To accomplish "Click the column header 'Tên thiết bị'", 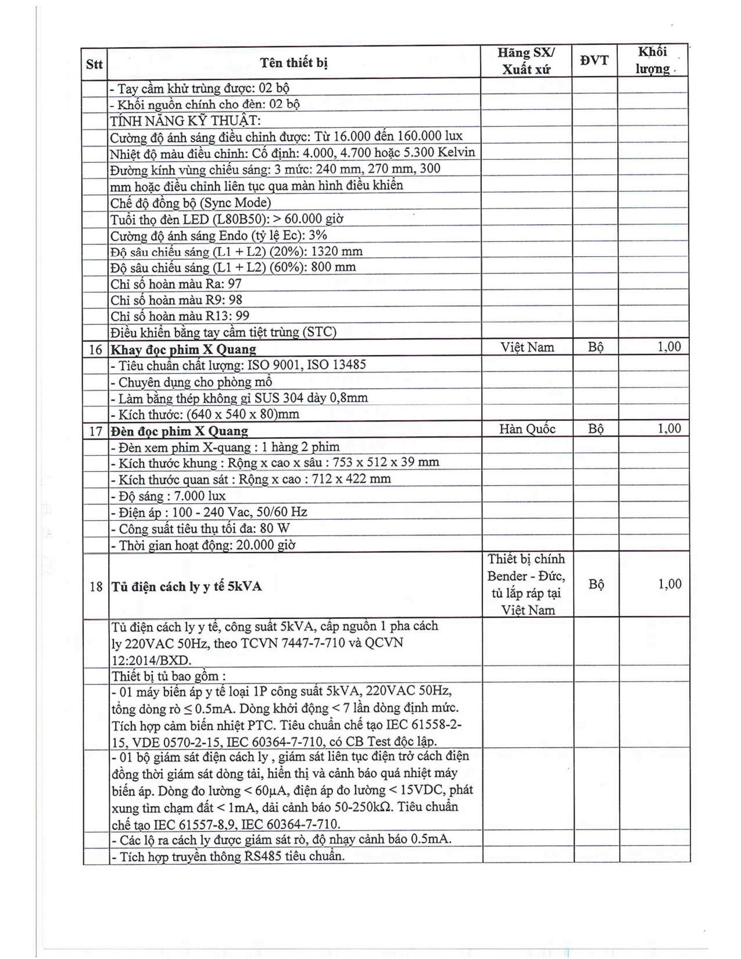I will point(293,63).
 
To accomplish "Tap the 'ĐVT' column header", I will point(594,60).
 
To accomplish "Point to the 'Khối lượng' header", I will point(652,60).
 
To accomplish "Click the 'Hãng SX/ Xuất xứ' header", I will point(526,61).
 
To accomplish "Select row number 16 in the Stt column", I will point(95,349).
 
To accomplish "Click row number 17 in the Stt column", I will point(95,431).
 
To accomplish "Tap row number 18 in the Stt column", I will point(96,586).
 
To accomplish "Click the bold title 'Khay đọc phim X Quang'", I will point(183,349).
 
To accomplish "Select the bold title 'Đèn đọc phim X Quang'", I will point(179,431).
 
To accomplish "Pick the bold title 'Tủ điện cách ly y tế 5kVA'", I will point(186,586).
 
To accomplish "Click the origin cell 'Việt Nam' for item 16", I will point(527,348).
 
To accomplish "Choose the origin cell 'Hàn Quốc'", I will point(527,429).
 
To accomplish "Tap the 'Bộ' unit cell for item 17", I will point(595,429).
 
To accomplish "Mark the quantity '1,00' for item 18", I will point(669,584).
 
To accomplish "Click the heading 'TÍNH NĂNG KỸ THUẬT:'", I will point(185,121).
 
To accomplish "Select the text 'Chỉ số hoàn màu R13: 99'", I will point(180,316).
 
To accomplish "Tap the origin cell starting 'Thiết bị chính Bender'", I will point(527,584).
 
